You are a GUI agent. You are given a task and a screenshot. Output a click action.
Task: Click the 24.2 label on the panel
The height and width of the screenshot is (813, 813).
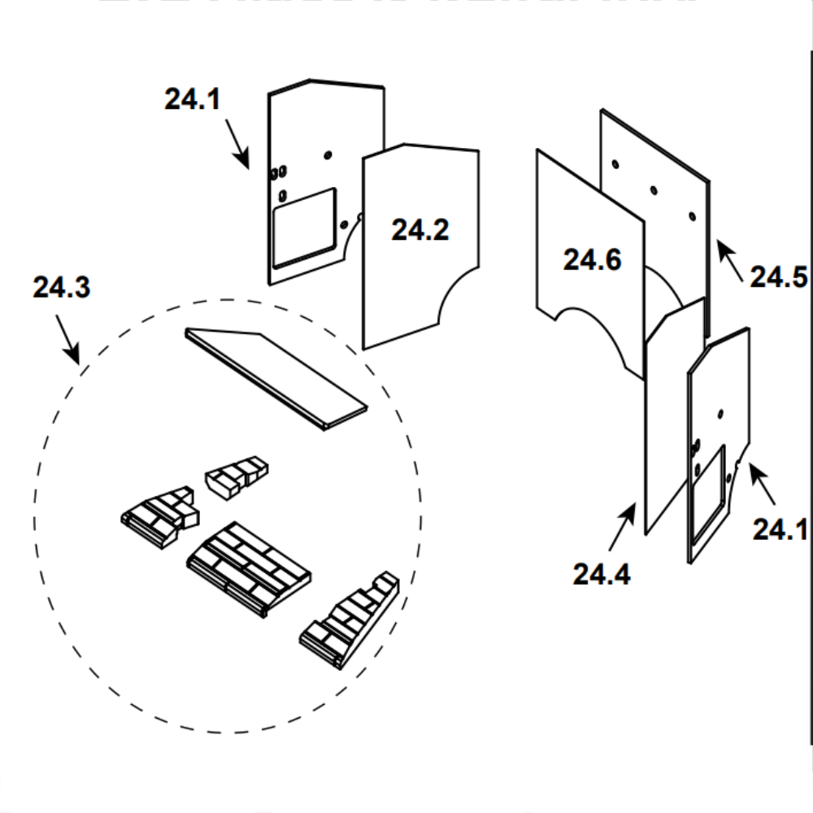(x=420, y=230)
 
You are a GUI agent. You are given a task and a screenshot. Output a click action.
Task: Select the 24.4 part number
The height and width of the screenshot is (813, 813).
(x=601, y=574)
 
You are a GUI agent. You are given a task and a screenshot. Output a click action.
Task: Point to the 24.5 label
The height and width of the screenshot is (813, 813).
(x=778, y=276)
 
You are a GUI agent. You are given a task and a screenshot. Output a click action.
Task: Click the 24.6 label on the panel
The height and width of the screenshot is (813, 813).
(x=592, y=260)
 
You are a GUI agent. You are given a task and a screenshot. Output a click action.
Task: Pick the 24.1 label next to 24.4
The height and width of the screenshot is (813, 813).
(x=780, y=529)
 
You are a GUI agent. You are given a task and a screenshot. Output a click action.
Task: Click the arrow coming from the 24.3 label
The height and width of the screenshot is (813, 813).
(x=67, y=338)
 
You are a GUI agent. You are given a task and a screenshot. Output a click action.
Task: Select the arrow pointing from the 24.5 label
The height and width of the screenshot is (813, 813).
(x=729, y=259)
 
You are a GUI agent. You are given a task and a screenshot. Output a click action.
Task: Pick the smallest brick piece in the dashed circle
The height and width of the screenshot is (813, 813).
(x=236, y=476)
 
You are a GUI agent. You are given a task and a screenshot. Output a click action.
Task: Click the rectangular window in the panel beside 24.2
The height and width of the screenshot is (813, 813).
(x=303, y=226)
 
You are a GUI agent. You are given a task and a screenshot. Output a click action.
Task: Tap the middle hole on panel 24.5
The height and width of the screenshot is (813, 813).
(x=653, y=190)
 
